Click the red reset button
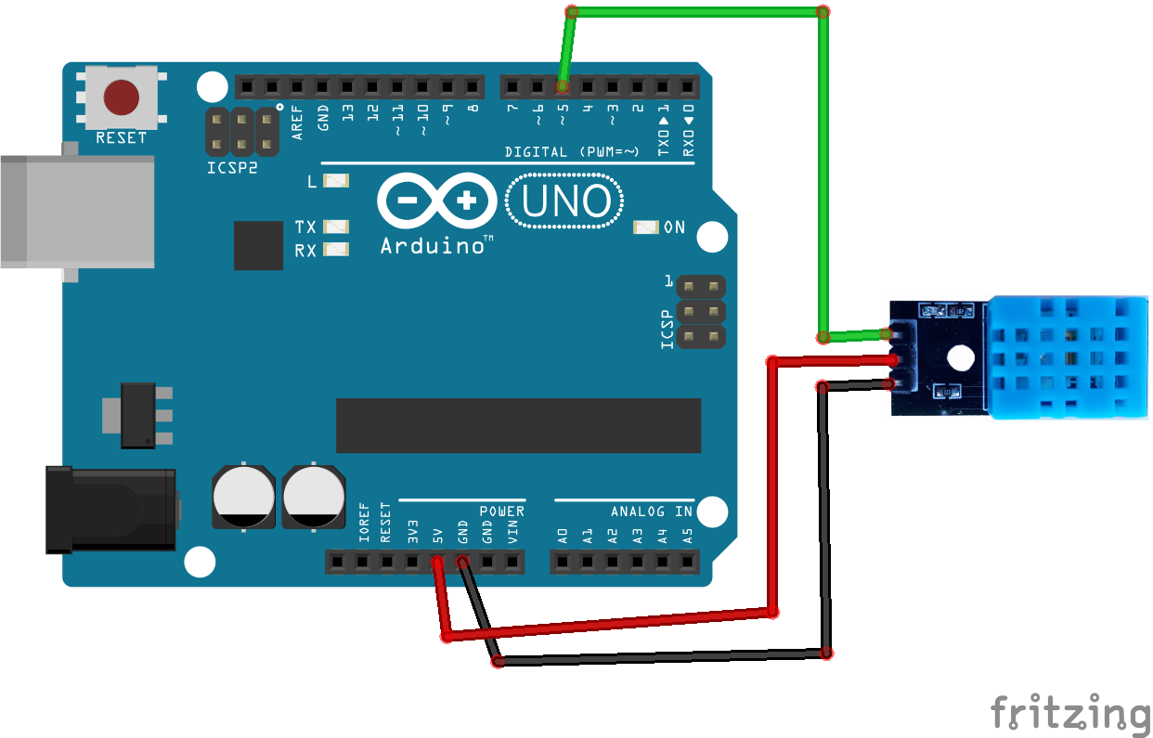(x=122, y=97)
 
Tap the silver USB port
(x=77, y=212)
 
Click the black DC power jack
(x=111, y=510)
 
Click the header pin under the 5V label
(x=437, y=562)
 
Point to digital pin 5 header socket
(x=562, y=87)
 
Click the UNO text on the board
(x=565, y=201)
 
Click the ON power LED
(x=645, y=227)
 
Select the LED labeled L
(x=336, y=181)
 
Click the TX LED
(x=336, y=227)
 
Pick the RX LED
(x=336, y=250)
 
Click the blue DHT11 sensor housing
(x=1068, y=357)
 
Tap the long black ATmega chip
(x=518, y=425)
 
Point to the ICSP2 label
(x=232, y=168)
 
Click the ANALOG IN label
(x=652, y=511)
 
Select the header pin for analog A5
(x=688, y=562)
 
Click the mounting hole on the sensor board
(x=961, y=357)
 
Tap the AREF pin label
(x=297, y=123)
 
